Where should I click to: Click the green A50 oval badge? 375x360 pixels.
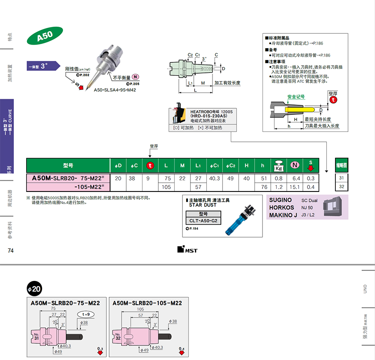(x=45, y=36)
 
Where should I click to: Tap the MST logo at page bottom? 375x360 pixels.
(x=187, y=250)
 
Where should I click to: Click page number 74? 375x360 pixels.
(x=11, y=251)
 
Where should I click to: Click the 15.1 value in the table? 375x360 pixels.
(x=295, y=187)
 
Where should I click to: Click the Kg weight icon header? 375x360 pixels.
(x=277, y=166)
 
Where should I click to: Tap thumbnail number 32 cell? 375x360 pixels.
(x=341, y=187)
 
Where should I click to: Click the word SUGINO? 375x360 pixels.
(x=280, y=200)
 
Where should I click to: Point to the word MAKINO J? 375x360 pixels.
(x=283, y=215)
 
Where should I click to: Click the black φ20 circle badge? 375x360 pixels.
(x=34, y=288)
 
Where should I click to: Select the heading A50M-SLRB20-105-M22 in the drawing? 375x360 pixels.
(x=147, y=303)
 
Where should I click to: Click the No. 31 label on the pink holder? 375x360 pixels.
(x=36, y=336)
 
